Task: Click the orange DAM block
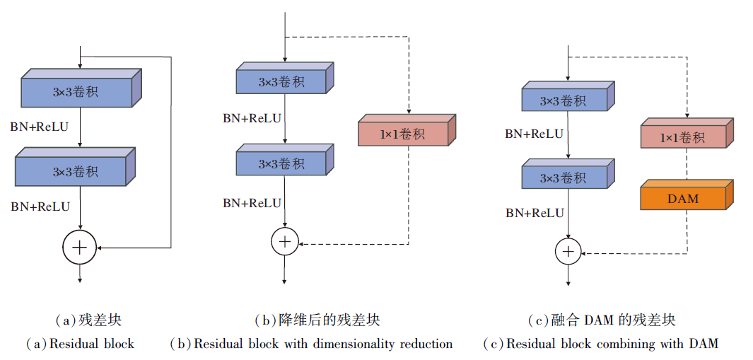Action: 683,198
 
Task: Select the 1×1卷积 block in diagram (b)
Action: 403,134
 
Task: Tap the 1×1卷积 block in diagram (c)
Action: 682,137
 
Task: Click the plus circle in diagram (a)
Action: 80,247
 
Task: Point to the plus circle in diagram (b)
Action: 284,240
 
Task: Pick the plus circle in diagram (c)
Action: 567,250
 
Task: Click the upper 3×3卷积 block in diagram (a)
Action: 76,92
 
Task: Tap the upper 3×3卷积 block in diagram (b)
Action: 281,81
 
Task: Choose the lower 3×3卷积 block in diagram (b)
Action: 281,163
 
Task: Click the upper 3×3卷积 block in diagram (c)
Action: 563,100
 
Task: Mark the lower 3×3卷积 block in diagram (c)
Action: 563,178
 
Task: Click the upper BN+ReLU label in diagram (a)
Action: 40,127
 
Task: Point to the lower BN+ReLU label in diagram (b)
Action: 252,203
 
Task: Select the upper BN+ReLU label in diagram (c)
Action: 535,134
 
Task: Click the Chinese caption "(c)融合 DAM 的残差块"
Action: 602,320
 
